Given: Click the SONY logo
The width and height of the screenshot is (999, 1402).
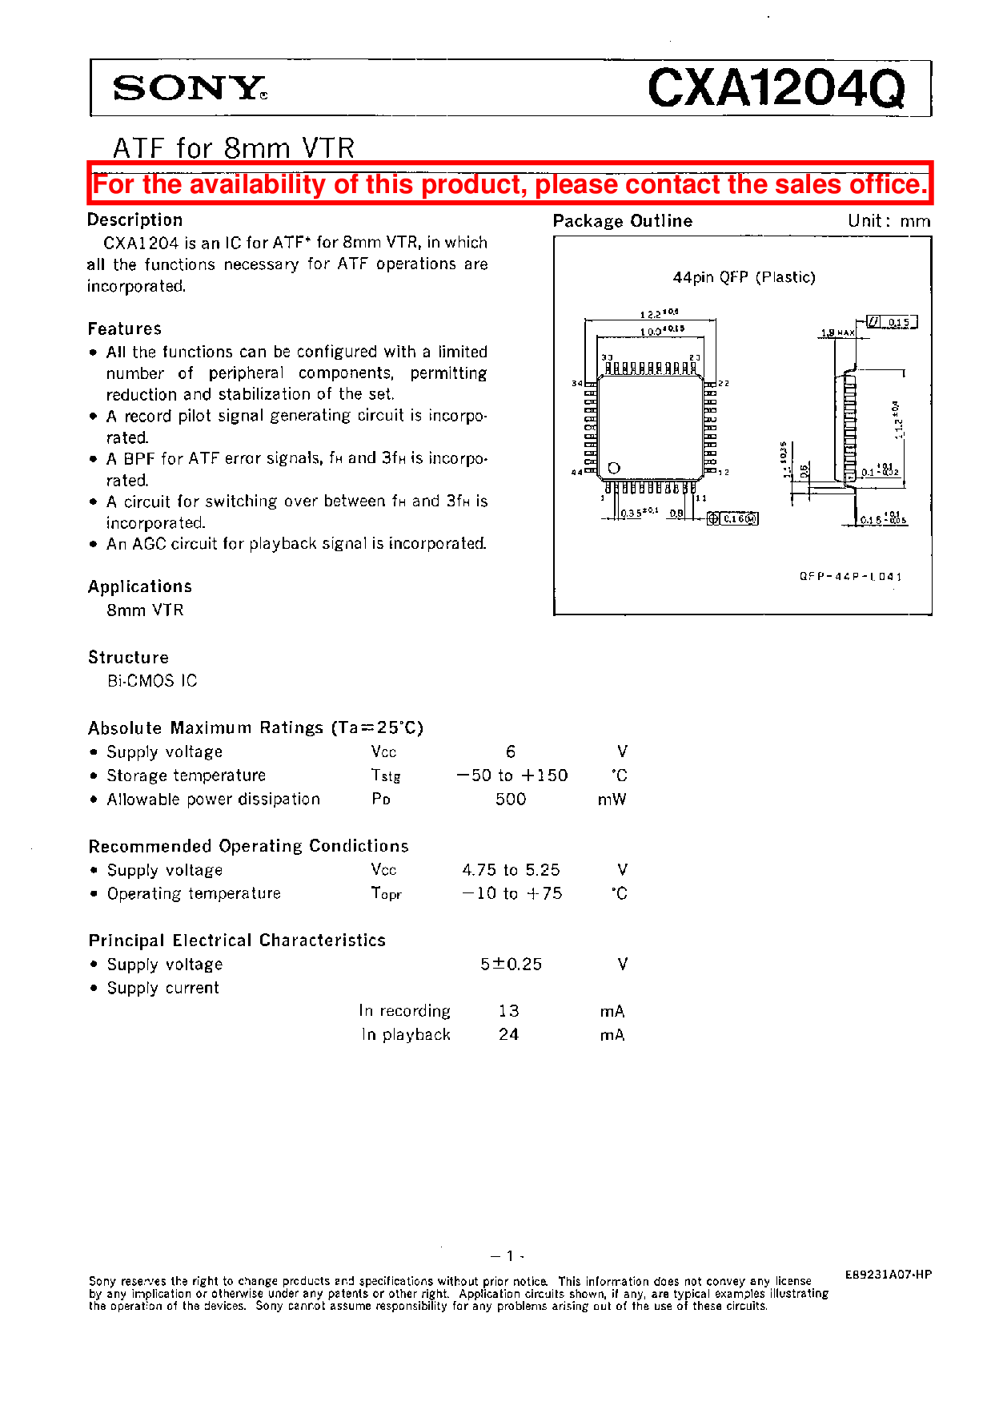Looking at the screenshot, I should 190,88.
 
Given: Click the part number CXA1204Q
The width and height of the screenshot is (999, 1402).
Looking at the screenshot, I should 776,87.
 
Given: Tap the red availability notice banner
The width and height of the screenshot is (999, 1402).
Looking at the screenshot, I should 510,184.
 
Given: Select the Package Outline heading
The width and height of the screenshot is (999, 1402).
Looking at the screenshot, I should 622,221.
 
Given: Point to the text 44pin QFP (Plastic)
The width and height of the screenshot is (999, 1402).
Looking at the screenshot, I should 744,277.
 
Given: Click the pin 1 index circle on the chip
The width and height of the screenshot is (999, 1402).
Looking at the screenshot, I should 614,468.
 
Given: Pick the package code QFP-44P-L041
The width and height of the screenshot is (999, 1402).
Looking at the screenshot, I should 850,576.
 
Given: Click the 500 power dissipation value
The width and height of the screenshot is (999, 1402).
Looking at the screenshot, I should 511,800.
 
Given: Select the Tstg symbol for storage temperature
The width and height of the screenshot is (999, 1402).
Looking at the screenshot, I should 385,776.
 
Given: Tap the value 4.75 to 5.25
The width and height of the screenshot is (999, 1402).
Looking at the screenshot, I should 511,870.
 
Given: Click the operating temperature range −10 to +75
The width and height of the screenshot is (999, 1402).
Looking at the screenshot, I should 512,893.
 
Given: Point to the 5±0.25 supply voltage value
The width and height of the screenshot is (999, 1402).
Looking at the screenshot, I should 511,965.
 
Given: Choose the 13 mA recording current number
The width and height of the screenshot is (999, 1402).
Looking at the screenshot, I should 508,1011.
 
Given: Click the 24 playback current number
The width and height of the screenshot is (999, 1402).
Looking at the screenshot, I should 508,1035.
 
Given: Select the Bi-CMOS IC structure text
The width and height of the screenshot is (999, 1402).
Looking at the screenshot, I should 152,681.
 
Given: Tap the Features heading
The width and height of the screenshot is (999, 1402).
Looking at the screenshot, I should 125,329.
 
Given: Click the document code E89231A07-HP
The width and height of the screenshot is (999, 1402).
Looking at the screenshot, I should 888,1275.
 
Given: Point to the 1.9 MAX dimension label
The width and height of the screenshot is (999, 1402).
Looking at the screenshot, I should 837,332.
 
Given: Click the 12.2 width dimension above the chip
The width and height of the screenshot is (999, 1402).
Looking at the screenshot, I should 658,314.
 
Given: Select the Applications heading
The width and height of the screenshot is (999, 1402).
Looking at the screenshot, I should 140,587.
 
